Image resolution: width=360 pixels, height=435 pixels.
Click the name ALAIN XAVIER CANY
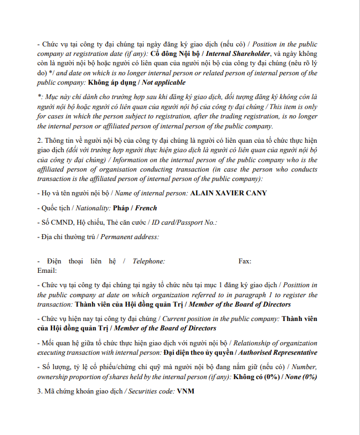tap(228, 193)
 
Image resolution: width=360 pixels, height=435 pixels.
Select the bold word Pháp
tap(121, 208)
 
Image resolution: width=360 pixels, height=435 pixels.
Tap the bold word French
tap(146, 208)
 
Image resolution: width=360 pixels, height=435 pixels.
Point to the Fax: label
tap(245, 261)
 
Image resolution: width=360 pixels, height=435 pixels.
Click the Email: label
tap(47, 270)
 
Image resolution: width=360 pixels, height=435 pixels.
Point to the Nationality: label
tap(91, 208)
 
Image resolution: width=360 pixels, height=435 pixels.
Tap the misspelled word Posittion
tap(301, 285)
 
